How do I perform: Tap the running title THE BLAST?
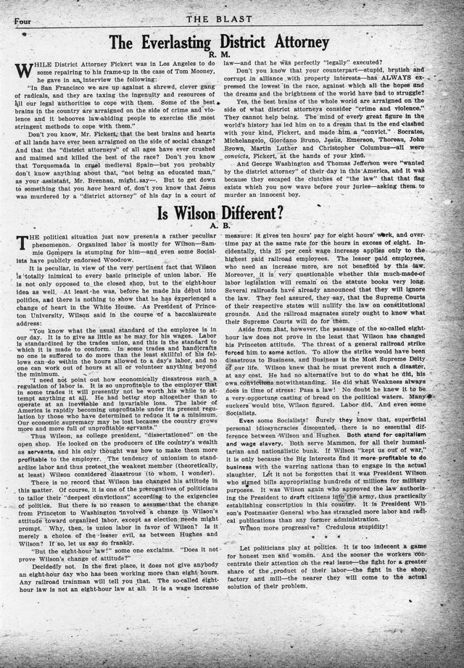coord(231,20)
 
